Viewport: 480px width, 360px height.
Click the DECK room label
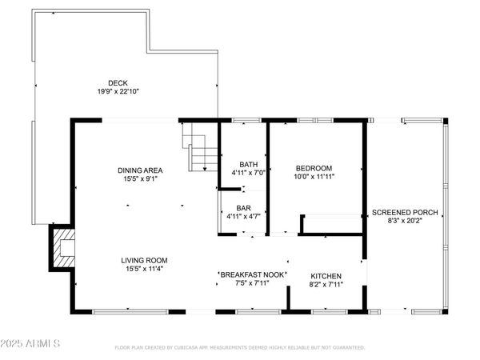pos(118,82)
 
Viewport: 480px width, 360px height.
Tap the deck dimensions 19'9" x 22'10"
pos(118,91)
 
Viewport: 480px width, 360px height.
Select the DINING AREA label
pos(141,170)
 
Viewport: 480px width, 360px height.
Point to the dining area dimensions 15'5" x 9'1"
pos(141,178)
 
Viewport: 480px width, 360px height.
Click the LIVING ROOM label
pos(144,260)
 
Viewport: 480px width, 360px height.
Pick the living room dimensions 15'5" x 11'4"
pos(144,269)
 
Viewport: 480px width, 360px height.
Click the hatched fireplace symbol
pos(62,250)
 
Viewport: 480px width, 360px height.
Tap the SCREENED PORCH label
pos(405,212)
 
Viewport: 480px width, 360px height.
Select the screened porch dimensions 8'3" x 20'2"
pos(405,221)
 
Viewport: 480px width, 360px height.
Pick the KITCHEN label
pos(326,275)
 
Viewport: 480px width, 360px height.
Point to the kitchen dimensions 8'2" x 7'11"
pos(326,284)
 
